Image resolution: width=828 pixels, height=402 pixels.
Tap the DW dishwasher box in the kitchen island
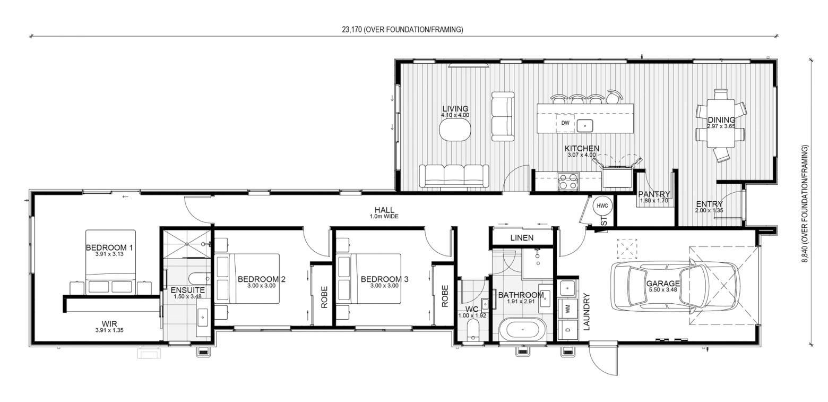[565, 123]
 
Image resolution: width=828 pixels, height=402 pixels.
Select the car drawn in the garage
[675, 285]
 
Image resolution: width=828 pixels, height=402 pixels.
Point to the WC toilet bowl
[472, 330]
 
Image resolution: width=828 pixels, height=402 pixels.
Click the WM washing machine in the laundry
[567, 307]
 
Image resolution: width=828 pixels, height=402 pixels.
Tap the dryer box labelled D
[567, 329]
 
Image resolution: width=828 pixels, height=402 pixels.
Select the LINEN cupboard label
[522, 238]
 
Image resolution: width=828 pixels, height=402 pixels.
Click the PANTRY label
[654, 194]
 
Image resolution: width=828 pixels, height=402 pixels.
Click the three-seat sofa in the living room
[454, 176]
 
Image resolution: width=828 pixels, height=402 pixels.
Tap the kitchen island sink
[585, 126]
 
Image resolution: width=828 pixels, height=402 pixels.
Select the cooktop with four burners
[568, 181]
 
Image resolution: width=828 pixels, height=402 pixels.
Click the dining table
[720, 123]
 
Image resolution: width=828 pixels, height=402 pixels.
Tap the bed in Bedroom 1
[110, 262]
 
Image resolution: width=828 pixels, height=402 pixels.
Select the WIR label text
[109, 324]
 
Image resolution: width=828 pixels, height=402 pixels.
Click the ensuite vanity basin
[203, 318]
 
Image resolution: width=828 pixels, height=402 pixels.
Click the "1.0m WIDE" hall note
[384, 216]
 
